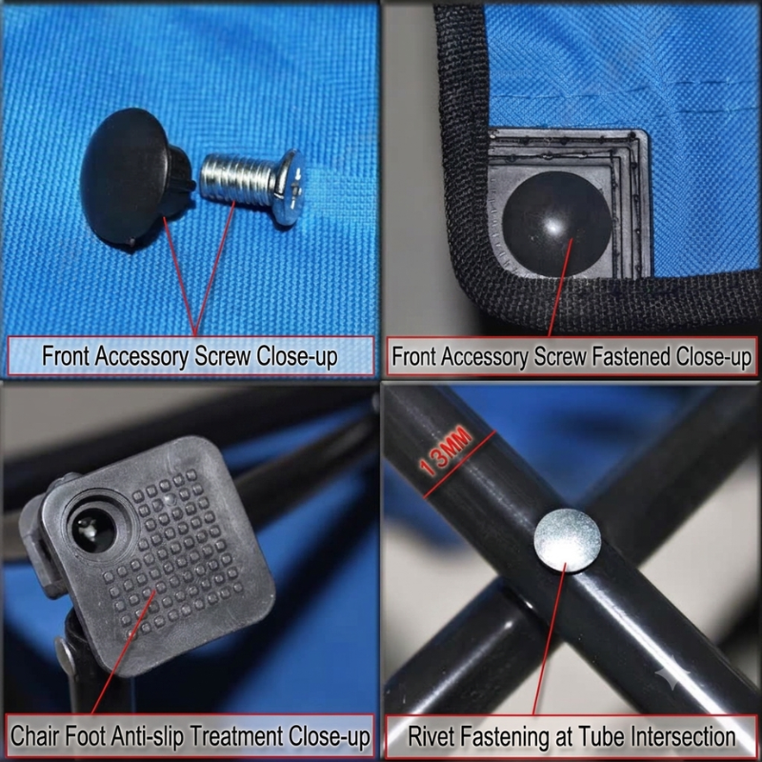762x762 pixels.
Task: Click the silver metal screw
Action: click(252, 185)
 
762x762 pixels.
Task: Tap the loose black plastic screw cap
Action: click(136, 177)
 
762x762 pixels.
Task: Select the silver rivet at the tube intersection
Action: click(567, 540)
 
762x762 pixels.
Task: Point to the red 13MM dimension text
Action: click(445, 451)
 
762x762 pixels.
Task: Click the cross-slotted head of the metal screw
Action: click(291, 187)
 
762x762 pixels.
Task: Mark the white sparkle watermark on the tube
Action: click(672, 672)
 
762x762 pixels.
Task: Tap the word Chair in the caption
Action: click(35, 735)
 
